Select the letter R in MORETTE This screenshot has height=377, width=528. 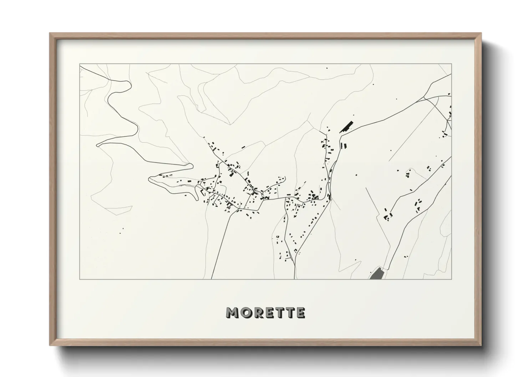tap(257, 313)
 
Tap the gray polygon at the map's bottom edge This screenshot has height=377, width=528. tap(376, 274)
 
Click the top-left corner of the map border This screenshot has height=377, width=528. tap(80, 64)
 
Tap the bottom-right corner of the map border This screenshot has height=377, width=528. tap(452, 279)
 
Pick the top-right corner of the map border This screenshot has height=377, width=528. tap(452, 64)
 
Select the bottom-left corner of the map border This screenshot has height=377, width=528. tap(80, 279)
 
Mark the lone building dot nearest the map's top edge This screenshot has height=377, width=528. tap(327, 68)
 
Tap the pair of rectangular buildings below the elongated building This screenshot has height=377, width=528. tap(344, 145)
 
